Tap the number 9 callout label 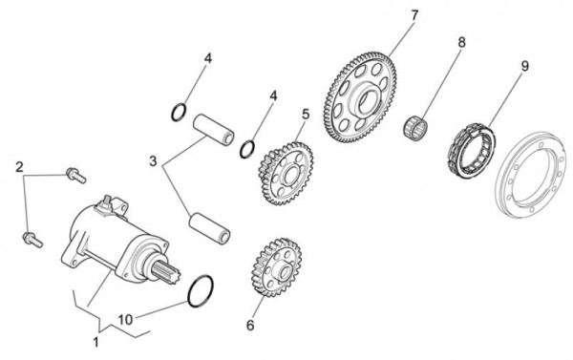[x=524, y=66]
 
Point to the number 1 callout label [x=95, y=341]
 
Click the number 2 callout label [x=18, y=167]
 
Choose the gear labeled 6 [x=274, y=273]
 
